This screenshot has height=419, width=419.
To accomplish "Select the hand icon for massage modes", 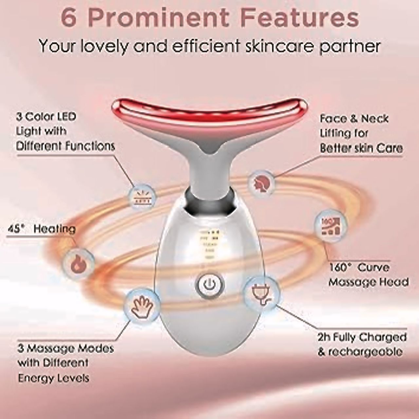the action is pos(142,306).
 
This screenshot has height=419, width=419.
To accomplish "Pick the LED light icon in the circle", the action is pos(142,197).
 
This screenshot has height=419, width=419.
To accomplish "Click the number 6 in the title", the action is pos(69,19).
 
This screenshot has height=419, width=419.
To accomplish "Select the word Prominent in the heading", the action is pos(158,19).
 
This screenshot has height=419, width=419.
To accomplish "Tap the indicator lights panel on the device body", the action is pos(209,244).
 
